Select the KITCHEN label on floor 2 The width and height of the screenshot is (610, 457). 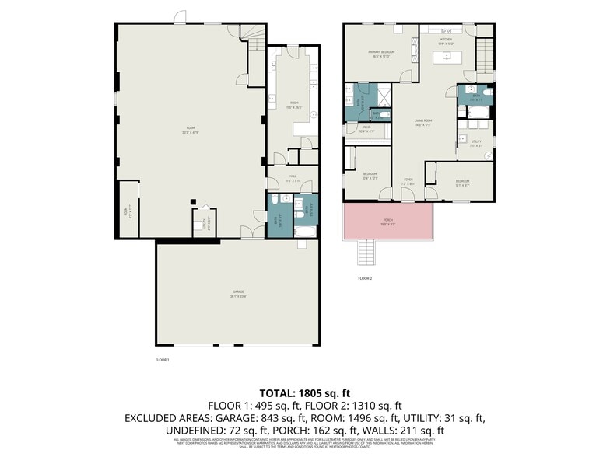(x=447, y=40)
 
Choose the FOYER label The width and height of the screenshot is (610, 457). (x=408, y=182)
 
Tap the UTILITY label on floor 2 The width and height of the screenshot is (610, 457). (x=476, y=142)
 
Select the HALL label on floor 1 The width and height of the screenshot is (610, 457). (x=293, y=177)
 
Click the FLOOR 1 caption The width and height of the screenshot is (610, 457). (x=162, y=360)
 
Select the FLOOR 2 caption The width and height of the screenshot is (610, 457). (x=365, y=277)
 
